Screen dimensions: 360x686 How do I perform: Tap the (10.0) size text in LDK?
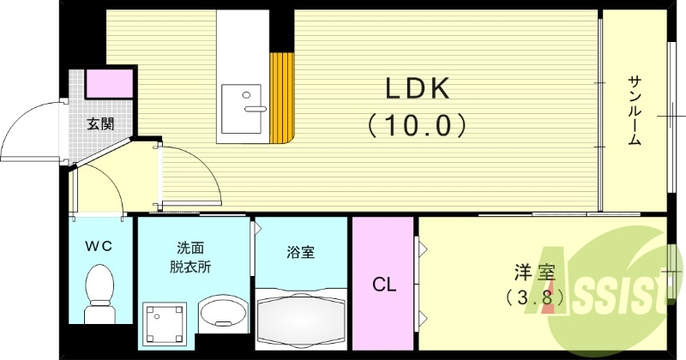416,126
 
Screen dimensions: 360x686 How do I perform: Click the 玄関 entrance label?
100,123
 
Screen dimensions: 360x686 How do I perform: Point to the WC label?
99,246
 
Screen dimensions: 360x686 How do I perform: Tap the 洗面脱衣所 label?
190,257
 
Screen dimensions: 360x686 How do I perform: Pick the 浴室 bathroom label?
300,253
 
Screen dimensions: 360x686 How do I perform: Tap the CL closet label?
383,285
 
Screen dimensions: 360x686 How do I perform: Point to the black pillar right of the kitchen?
282,30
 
